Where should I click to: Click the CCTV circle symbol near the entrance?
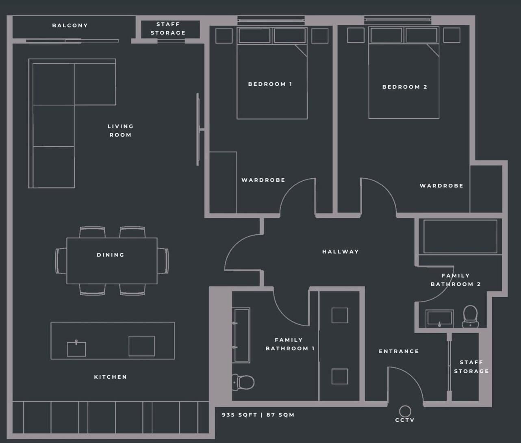405,411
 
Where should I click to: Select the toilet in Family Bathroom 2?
471,316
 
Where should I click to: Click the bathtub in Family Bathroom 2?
460,237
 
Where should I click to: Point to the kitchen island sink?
76,349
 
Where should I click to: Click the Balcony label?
70,25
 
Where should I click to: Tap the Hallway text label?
341,252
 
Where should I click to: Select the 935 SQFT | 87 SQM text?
258,415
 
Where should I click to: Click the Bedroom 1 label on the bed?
270,84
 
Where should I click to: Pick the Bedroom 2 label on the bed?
405,87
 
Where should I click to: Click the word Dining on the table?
111,255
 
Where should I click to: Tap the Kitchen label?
111,377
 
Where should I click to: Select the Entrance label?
399,351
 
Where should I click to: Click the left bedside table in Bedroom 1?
224,36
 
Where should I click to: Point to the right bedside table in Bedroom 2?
452,35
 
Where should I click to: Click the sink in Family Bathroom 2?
439,318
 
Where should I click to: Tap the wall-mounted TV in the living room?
198,129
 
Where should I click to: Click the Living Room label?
120,130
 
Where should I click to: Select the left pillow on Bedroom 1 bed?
255,36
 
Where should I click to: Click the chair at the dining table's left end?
61,261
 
